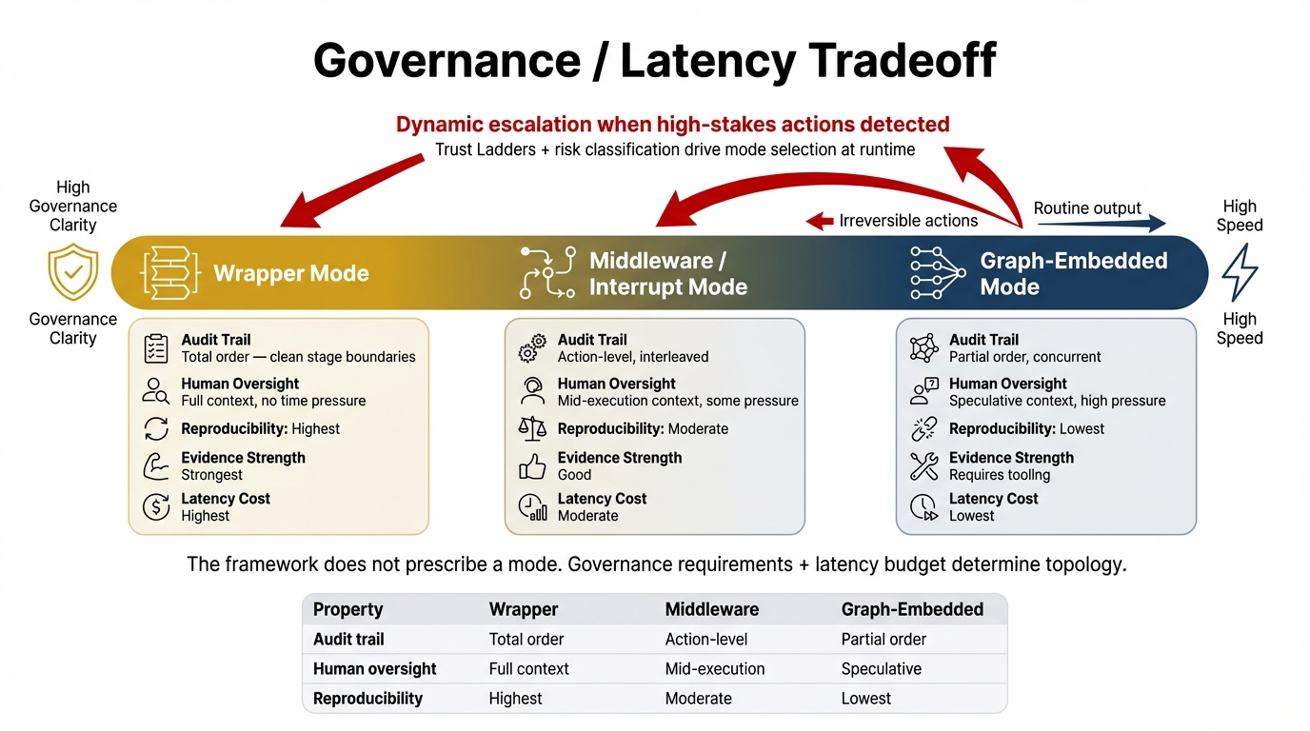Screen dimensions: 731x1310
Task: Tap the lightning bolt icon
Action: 1239,271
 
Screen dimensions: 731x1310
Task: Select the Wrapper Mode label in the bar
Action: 290,274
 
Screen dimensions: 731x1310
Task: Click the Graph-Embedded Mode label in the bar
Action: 1073,274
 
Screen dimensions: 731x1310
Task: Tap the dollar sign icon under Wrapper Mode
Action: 156,507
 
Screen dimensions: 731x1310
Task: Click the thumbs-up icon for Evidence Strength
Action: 532,466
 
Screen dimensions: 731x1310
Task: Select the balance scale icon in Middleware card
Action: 532,428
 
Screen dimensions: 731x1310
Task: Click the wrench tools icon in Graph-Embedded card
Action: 923,466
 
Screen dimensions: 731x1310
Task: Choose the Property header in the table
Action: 347,609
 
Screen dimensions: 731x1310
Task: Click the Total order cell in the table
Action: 526,640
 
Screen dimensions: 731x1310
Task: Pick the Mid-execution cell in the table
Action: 715,669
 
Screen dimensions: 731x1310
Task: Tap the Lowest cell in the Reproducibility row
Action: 865,699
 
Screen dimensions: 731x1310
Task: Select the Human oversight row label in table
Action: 374,669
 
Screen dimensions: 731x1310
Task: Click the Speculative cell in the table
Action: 881,669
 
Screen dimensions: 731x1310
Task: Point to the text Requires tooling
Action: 1000,475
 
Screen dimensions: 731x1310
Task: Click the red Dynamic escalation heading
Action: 672,125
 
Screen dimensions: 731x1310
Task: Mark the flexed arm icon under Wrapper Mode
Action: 156,466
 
